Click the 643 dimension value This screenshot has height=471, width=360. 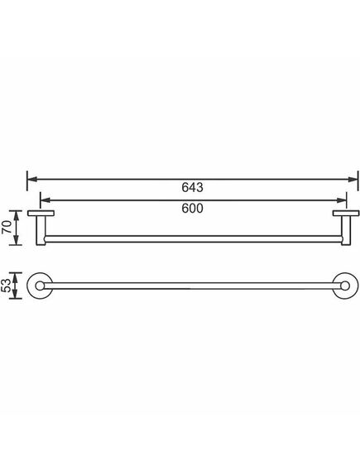(192, 187)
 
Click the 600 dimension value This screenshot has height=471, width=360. (192, 208)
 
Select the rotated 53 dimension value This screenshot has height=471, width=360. (7, 285)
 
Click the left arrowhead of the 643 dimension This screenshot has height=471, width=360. (32, 180)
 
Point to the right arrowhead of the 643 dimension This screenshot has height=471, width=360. (353, 180)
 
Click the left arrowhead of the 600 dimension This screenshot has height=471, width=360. (45, 200)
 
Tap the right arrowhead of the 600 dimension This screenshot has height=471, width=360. (342, 200)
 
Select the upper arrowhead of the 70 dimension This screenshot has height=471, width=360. (17, 215)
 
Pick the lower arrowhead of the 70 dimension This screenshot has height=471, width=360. (17, 240)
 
